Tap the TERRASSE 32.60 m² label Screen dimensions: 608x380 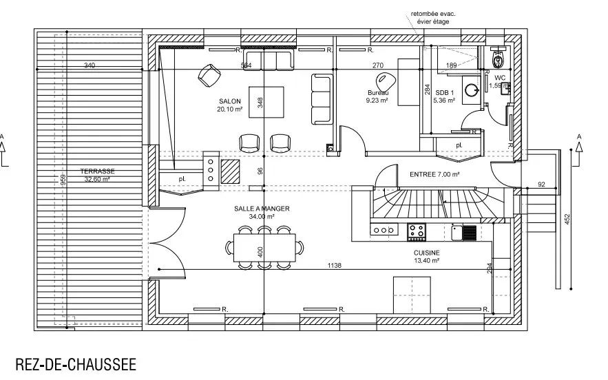(x=97, y=175)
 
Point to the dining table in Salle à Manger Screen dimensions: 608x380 (x=264, y=247)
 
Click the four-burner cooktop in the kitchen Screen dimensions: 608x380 (x=417, y=231)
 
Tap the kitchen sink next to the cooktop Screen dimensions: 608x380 (x=464, y=232)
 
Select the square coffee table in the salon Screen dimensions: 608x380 (x=266, y=102)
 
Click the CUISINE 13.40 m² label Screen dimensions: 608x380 (x=426, y=257)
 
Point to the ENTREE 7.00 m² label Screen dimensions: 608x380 (x=434, y=174)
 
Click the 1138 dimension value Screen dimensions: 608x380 (x=334, y=266)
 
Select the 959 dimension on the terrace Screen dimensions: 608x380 (x=63, y=180)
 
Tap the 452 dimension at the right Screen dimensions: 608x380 (x=567, y=220)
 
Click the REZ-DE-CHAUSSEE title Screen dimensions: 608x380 (x=76, y=364)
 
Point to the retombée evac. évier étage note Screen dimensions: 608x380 (x=433, y=17)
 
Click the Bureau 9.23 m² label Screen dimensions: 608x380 (x=377, y=96)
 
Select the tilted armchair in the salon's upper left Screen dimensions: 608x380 (x=210, y=76)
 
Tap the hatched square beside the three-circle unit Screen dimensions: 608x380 (x=231, y=171)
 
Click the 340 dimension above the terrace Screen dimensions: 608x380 (x=90, y=65)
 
